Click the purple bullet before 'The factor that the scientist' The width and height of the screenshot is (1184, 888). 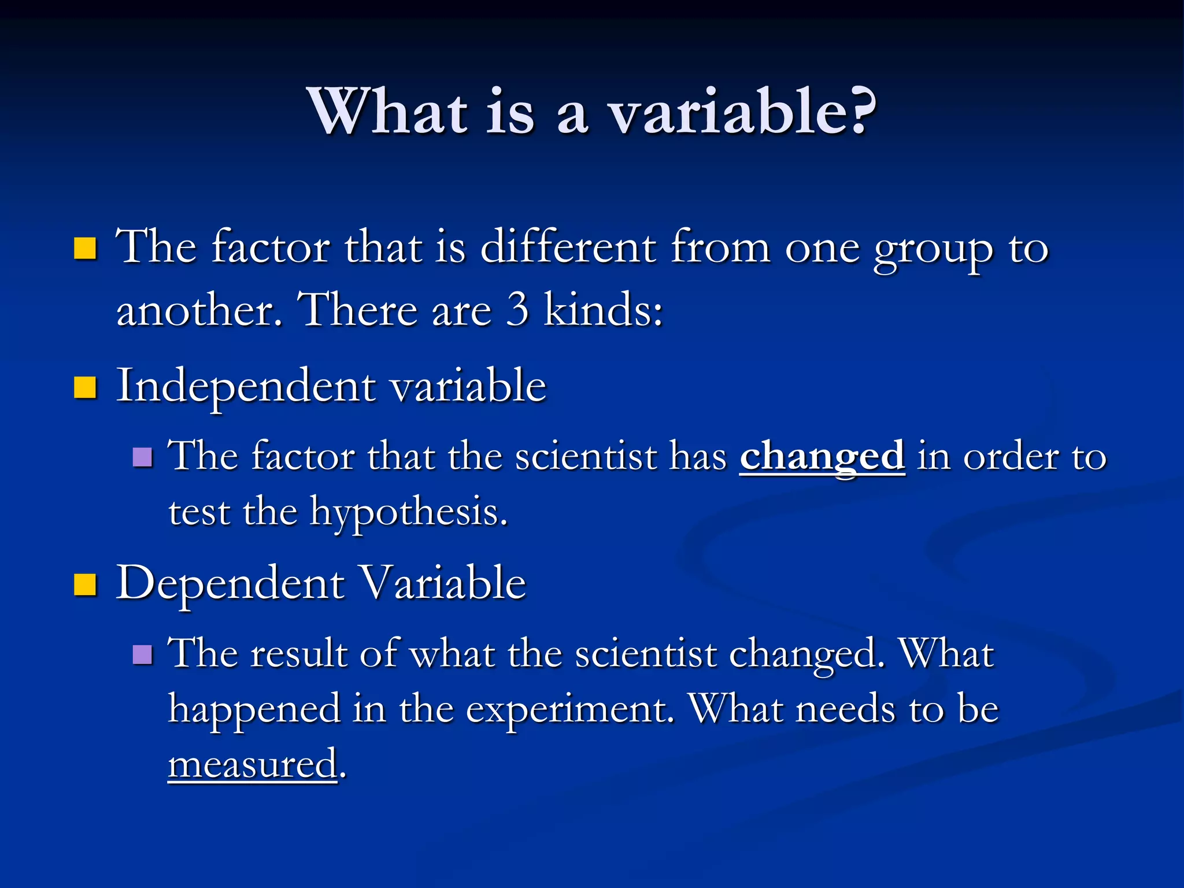click(142, 457)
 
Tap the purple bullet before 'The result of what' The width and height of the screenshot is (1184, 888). click(142, 654)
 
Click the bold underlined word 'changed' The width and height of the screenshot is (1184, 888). click(822, 457)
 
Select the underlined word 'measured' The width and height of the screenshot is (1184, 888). click(253, 764)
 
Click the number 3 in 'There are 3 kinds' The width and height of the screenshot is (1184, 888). click(517, 309)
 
